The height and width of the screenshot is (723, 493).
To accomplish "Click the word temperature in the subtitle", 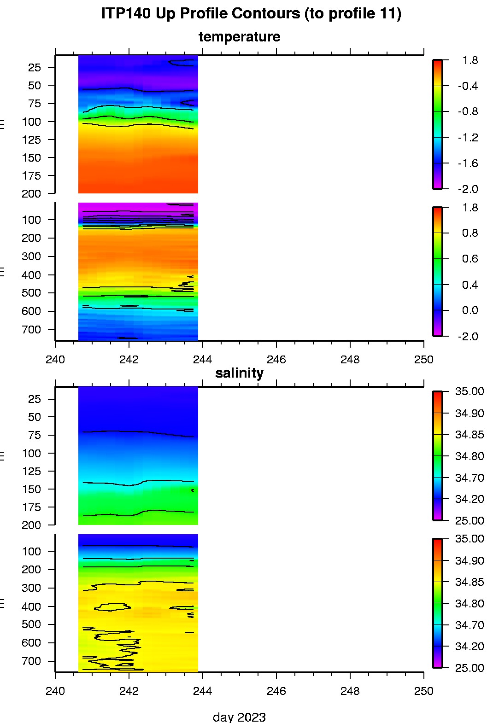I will [239, 37].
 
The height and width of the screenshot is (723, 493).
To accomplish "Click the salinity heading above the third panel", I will [239, 373].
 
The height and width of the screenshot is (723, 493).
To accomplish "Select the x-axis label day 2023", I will [239, 717].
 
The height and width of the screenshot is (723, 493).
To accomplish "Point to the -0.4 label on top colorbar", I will [468, 86].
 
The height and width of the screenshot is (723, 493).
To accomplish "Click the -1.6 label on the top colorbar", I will [468, 163].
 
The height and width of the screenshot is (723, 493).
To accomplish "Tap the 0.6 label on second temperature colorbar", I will [470, 259].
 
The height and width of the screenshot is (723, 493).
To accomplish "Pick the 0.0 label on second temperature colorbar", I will [470, 310].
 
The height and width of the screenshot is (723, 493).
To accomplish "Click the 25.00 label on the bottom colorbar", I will [470, 668].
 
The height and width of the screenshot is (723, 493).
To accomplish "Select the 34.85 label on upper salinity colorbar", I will [470, 435].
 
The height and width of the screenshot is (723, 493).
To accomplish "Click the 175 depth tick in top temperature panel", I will [31, 176].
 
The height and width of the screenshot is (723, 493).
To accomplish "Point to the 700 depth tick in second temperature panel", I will [31, 330].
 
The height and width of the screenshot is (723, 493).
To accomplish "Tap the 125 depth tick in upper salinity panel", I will [31, 472].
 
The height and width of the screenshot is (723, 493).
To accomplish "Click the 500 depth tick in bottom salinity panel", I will [31, 624].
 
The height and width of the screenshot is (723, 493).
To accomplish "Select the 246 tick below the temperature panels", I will [276, 360].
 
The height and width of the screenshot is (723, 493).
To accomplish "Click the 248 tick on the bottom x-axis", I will [350, 691].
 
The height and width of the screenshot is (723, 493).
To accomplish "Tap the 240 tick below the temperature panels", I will [55, 360].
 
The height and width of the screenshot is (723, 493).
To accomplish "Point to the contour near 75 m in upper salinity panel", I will [138, 432].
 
